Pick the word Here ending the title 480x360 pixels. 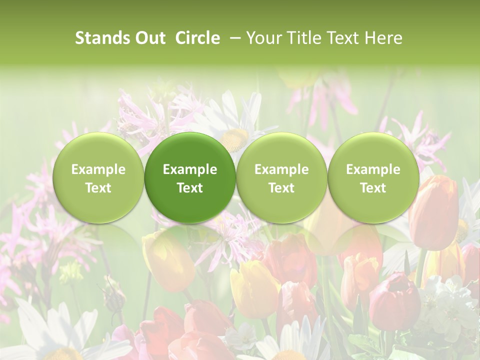pos(384,38)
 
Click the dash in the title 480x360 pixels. pos(233,38)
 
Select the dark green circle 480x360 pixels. pos(190,178)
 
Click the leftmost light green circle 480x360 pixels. pos(98,178)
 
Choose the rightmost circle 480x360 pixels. pos(373,178)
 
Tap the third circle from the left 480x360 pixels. pos(281,178)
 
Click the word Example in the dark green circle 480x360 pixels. pos(190,169)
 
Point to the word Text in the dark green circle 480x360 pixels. pos(190,188)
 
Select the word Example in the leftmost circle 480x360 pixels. pos(98,169)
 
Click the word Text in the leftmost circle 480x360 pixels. pos(98,188)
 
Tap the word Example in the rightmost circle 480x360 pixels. pos(373,169)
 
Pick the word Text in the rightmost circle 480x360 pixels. pos(373,188)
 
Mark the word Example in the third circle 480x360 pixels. pos(281,169)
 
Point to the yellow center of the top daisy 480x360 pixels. pos(235,139)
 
